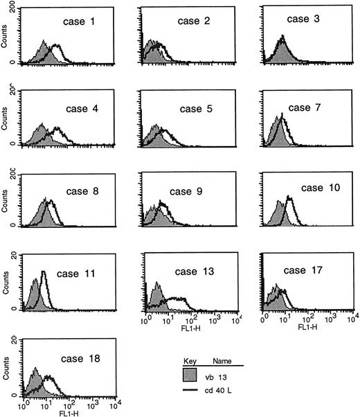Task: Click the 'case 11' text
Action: coord(78,272)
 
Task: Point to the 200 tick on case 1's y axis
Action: coord(12,5)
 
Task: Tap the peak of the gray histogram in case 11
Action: coord(35,280)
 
